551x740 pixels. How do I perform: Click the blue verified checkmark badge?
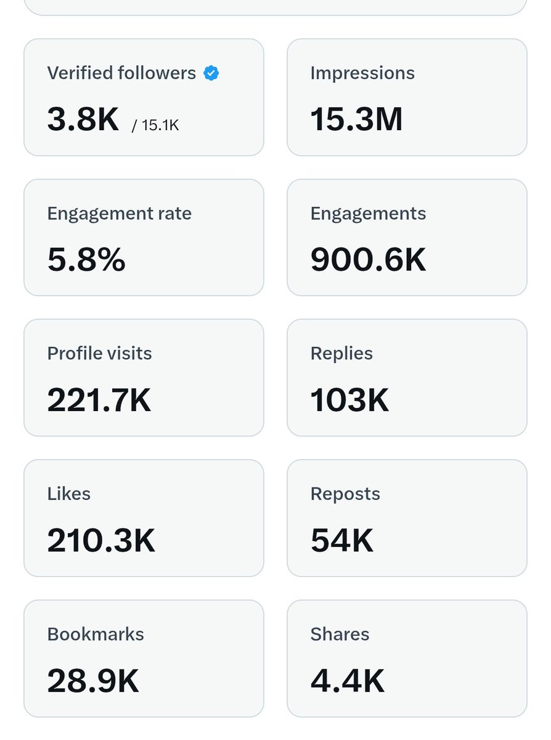tap(211, 73)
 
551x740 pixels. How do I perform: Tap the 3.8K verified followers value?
tap(83, 120)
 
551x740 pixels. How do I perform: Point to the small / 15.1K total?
tap(155, 125)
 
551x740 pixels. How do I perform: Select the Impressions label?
tap(362, 73)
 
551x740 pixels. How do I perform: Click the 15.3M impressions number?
tap(356, 120)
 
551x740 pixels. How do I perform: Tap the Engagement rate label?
tap(119, 214)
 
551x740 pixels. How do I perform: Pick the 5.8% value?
tap(86, 260)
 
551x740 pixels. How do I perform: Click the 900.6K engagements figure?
tap(368, 260)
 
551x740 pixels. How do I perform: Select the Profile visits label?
tap(99, 354)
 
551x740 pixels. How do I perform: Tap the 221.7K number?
tap(99, 400)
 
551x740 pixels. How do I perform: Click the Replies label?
tap(341, 354)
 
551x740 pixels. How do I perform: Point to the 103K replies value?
tap(349, 400)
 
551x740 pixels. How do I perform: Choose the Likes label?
tap(68, 494)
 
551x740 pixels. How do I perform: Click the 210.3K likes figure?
tap(101, 540)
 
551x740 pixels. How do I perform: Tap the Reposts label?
tap(345, 494)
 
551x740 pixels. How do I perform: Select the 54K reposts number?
tap(341, 540)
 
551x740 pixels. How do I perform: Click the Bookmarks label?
tap(96, 634)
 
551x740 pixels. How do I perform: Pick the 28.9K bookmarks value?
tap(93, 681)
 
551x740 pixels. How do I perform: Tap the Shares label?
tap(340, 634)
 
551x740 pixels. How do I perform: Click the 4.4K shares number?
tap(347, 681)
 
